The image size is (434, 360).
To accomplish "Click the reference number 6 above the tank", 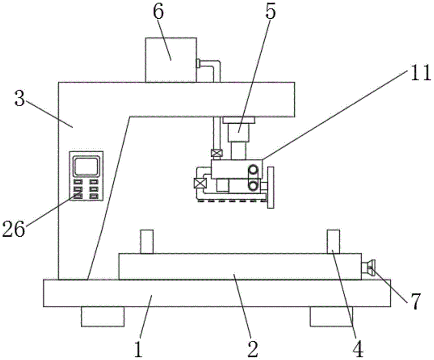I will tap(158, 13).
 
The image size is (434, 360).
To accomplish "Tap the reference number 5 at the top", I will tap(270, 13).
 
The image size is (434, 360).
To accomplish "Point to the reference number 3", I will tap(20, 99).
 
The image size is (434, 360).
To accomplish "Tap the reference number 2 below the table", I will tap(252, 347).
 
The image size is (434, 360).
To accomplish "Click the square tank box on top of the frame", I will tap(171, 59).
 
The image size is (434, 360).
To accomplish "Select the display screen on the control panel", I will tap(86, 166).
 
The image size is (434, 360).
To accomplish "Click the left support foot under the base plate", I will tap(102, 316).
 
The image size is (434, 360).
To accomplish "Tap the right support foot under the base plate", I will tap(331, 316).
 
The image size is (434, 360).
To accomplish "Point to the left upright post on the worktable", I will tap(147, 242).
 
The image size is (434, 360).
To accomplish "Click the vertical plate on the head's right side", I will tap(271, 187).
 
